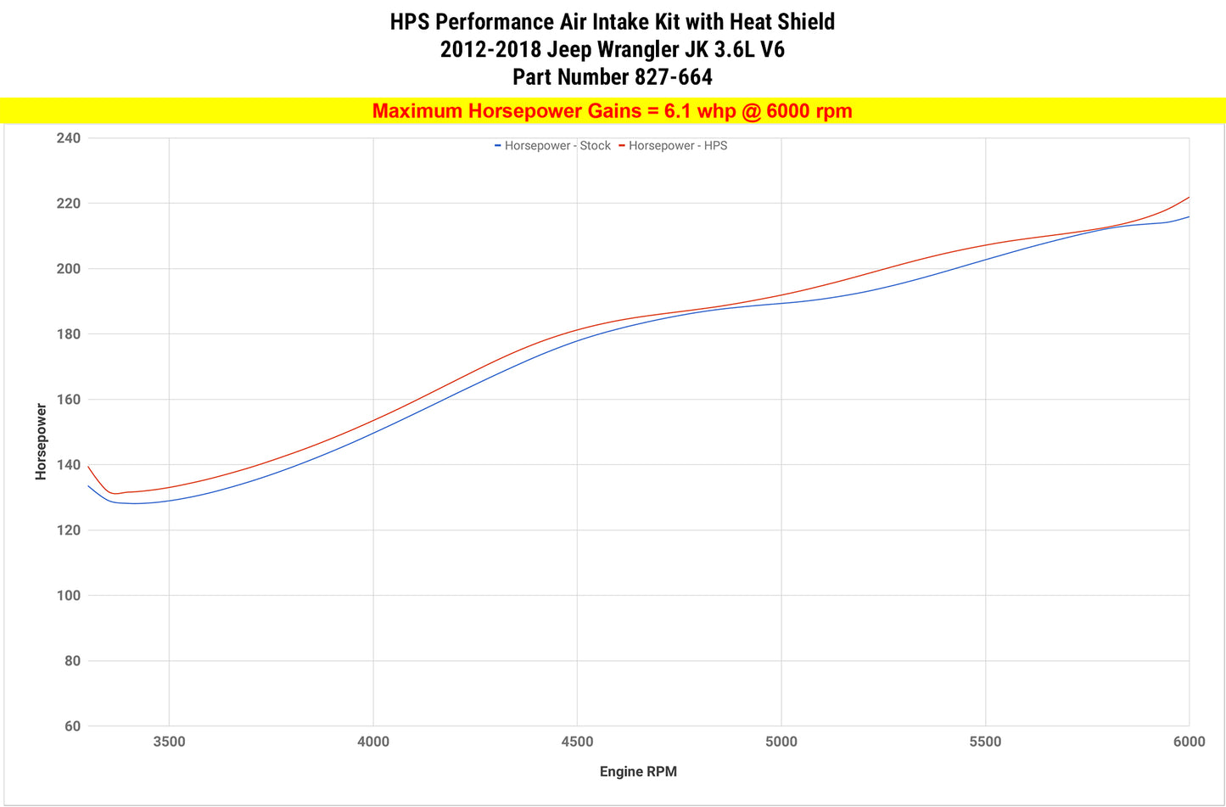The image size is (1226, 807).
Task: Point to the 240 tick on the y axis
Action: [69, 138]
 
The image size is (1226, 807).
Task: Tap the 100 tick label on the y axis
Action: [69, 596]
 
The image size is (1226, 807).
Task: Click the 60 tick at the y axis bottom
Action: [72, 726]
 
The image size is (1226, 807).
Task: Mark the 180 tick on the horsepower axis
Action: [69, 334]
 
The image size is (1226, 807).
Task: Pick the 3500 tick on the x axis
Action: [169, 743]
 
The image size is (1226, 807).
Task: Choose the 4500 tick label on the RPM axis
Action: [577, 743]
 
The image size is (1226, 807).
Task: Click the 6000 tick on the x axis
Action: [1189, 743]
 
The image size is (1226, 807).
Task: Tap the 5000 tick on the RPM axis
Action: [781, 743]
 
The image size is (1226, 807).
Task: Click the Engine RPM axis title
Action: [638, 772]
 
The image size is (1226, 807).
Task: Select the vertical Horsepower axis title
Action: [41, 442]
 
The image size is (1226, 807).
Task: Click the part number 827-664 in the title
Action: [673, 77]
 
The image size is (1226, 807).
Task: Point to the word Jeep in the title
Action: [568, 49]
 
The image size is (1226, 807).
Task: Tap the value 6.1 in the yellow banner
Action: [678, 111]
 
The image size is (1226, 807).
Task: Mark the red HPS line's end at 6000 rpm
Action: [1189, 198]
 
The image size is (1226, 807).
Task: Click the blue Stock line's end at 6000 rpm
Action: [1189, 217]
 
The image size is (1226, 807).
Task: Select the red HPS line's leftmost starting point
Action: [88, 466]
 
